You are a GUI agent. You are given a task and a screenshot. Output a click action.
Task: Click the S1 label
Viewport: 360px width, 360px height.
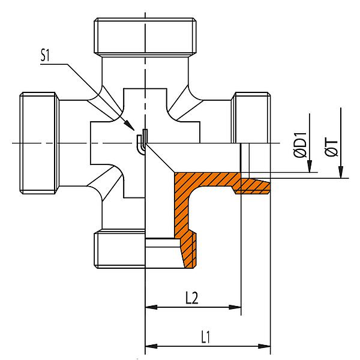(x=45, y=55)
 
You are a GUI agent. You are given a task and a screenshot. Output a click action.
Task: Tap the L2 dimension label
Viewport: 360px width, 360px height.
(x=192, y=298)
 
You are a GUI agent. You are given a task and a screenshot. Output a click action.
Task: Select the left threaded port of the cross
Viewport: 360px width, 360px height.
(x=40, y=143)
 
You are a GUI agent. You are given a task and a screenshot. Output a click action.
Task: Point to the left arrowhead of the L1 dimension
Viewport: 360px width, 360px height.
(x=151, y=346)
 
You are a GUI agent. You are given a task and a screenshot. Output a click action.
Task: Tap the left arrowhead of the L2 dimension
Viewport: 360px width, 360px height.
(x=151, y=307)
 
